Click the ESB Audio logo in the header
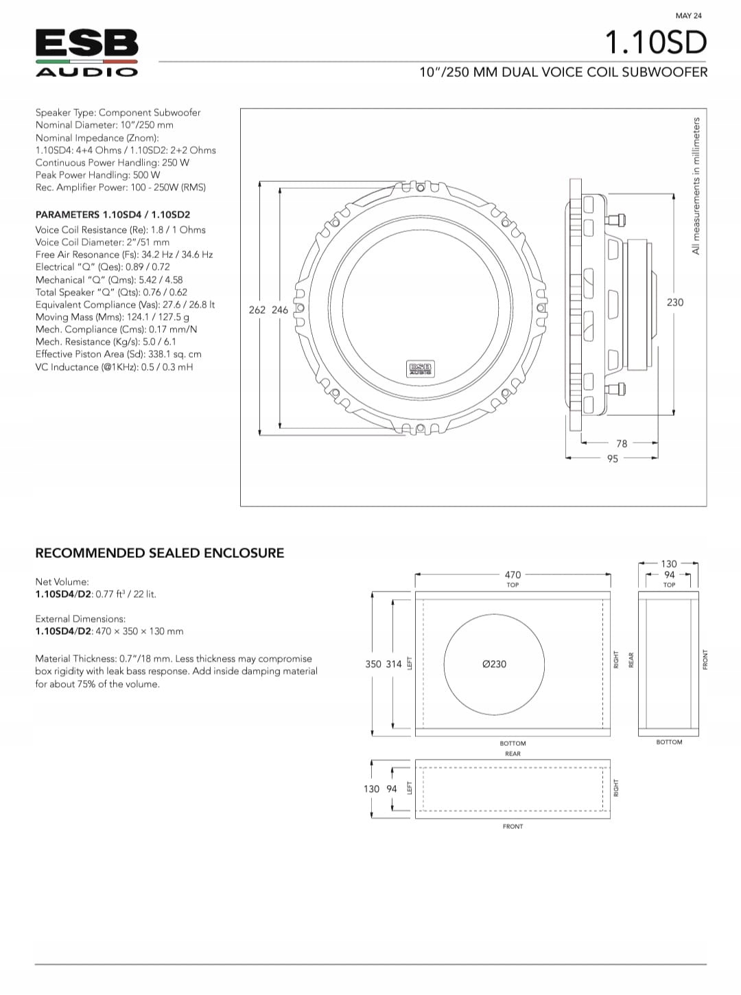(x=86, y=53)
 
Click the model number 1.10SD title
(x=655, y=43)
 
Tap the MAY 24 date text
(x=688, y=16)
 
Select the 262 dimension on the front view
(x=257, y=310)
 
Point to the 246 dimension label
(x=280, y=310)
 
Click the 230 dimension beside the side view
(x=675, y=302)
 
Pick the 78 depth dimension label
(x=622, y=444)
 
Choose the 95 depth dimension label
(x=613, y=459)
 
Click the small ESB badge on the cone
(x=420, y=368)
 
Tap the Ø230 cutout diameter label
(x=494, y=664)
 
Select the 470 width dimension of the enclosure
(x=513, y=574)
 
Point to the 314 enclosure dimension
(x=394, y=664)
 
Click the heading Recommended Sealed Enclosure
(x=159, y=553)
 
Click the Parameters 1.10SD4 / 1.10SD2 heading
(x=113, y=215)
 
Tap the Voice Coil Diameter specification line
(x=102, y=242)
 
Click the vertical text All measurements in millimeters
(x=696, y=185)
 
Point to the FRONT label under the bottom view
(x=513, y=826)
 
